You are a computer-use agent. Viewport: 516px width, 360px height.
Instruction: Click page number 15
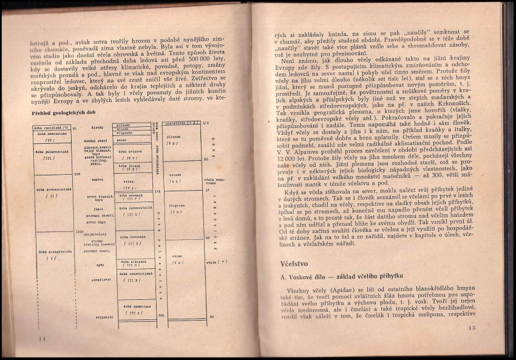coord(473,328)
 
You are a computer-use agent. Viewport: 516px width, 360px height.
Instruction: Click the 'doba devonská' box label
coord(132,239)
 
